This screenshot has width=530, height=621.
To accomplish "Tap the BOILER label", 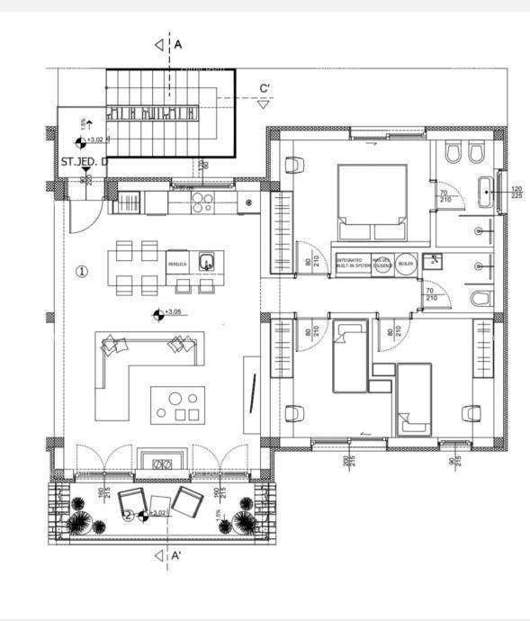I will coord(405,265).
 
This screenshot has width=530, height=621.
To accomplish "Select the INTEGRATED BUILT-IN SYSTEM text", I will coord(353,264).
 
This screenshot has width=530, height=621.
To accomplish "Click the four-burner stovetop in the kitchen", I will coord(203,202).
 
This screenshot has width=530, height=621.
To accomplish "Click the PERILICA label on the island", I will coord(177,265).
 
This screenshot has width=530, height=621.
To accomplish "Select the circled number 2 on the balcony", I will coord(128,516).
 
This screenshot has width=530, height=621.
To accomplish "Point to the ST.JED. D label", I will coord(85,162).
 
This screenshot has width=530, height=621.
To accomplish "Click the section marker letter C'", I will coord(265,88).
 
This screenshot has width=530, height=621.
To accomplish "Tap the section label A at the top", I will coord(178,43).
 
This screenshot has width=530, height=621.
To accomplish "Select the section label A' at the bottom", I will coord(178,556).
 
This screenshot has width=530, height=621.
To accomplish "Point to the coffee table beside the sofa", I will coord(177,405).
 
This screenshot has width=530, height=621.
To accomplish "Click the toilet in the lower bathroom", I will coord(482,298).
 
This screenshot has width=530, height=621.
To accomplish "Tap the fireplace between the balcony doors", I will coord(163,463).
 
